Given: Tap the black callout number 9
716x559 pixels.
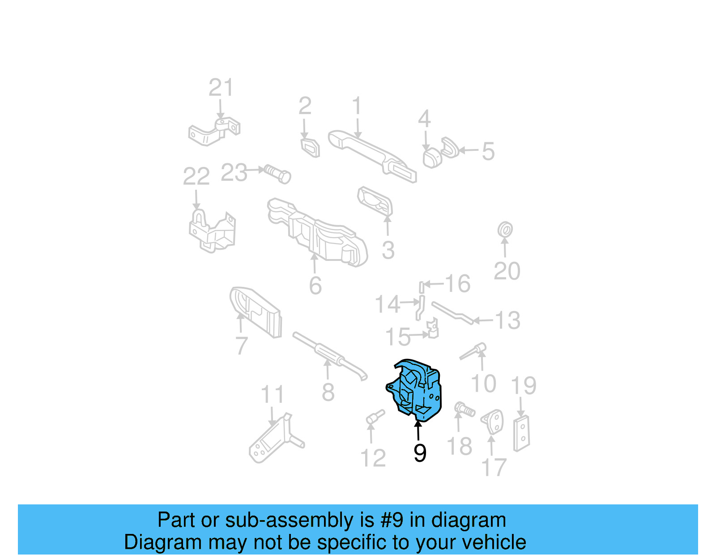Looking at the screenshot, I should click(420, 453).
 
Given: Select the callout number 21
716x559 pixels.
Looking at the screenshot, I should click(221, 88).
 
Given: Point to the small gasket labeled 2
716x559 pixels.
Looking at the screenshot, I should click(310, 147).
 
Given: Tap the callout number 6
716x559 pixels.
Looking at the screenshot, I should click(315, 285).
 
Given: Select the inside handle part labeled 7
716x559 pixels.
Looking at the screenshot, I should click(256, 311).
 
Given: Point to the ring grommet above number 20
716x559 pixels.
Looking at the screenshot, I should click(505, 230).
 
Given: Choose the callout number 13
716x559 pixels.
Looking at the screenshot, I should click(508, 320).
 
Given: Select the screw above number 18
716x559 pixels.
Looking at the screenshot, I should click(465, 409).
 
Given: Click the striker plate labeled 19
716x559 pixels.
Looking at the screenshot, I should click(522, 433).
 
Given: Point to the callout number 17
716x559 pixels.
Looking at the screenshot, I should click(494, 467).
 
